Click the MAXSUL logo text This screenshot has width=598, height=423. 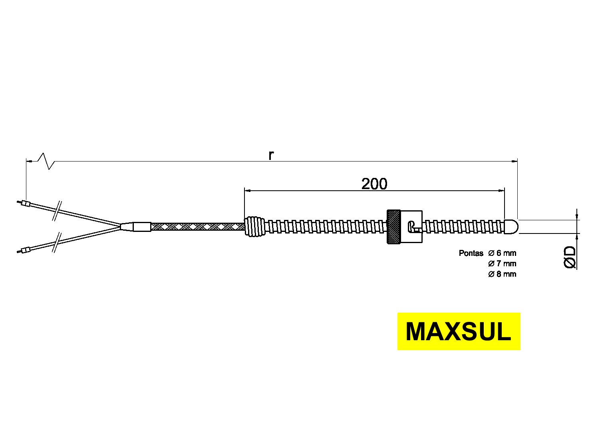[458, 331]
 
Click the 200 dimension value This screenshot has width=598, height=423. [374, 184]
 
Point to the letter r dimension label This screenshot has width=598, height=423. [271, 155]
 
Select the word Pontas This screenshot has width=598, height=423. [471, 253]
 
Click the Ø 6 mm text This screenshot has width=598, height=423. [502, 253]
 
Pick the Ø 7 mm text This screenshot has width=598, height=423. [502, 264]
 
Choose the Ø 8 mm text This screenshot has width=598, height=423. [502, 274]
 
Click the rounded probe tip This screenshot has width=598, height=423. [511, 227]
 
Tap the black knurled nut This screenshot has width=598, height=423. [393, 227]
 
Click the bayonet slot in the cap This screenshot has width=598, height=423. [413, 227]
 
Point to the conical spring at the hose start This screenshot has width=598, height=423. [255, 227]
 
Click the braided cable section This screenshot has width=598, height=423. [198, 227]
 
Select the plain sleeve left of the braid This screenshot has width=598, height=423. [142, 227]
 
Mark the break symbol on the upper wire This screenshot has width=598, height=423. [57, 211]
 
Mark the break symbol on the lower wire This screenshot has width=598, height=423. [57, 243]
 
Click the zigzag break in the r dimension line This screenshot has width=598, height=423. [46, 161]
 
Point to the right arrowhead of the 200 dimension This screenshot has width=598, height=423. [501, 191]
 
